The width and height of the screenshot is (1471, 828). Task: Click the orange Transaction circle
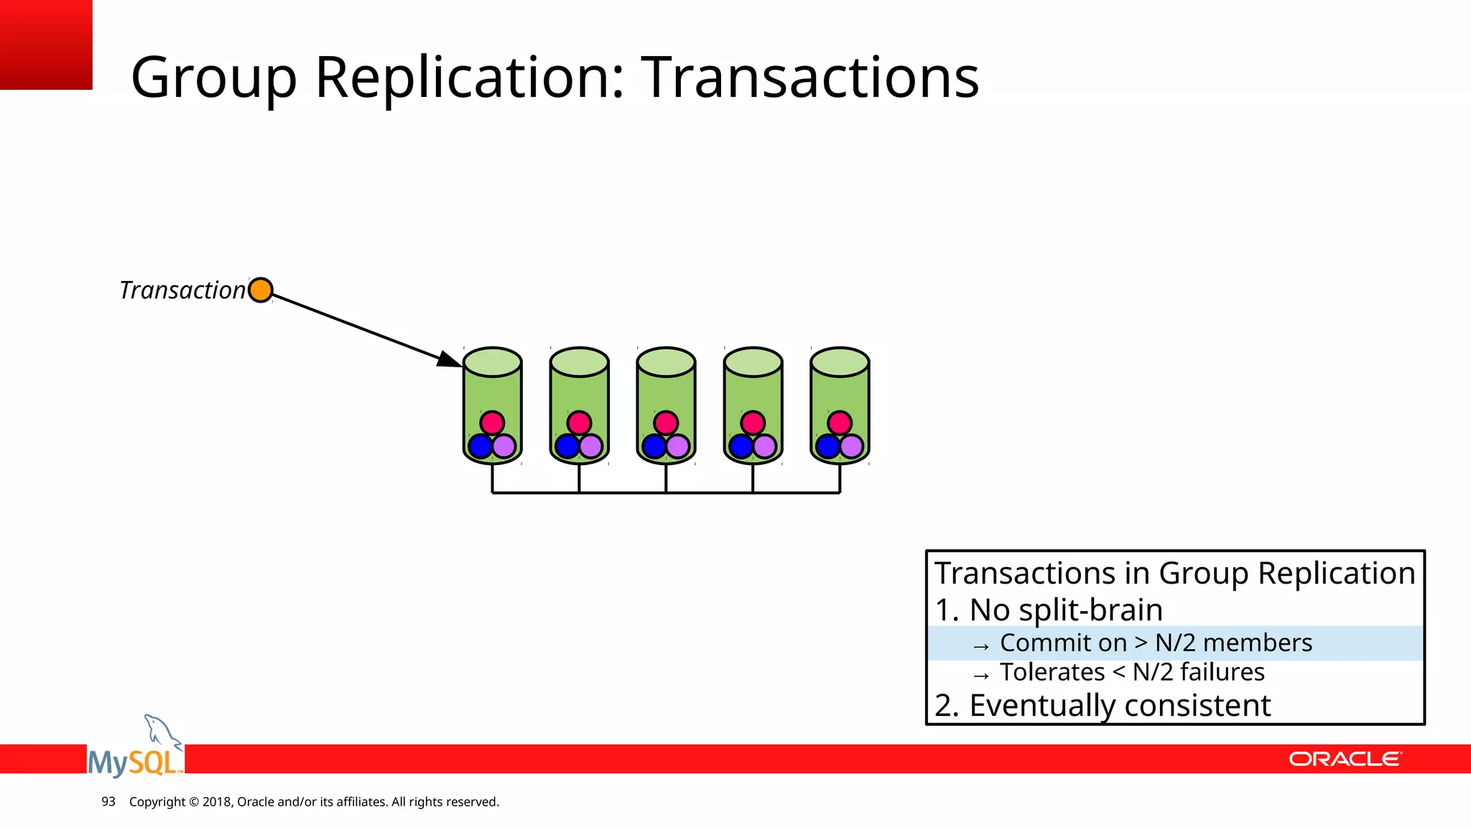(x=260, y=290)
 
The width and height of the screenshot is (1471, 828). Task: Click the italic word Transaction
(x=182, y=290)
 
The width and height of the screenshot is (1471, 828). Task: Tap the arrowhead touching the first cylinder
(x=450, y=359)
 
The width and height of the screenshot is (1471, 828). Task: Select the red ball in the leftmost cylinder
(x=492, y=423)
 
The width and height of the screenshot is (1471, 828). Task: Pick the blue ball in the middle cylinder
(x=654, y=446)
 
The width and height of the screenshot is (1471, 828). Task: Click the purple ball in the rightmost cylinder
(x=852, y=446)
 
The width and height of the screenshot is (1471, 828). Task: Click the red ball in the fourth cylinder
(x=753, y=423)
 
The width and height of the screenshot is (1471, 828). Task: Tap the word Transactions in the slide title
(x=809, y=77)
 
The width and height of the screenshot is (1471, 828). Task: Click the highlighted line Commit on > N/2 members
(x=1155, y=643)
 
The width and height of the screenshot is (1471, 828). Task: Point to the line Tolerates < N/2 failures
(x=1131, y=672)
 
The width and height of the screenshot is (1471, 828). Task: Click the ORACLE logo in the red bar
(x=1345, y=759)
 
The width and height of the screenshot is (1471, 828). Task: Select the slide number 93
(x=108, y=801)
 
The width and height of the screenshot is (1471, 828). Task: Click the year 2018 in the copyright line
(x=216, y=801)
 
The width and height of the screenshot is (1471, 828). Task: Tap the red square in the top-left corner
(x=46, y=45)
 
